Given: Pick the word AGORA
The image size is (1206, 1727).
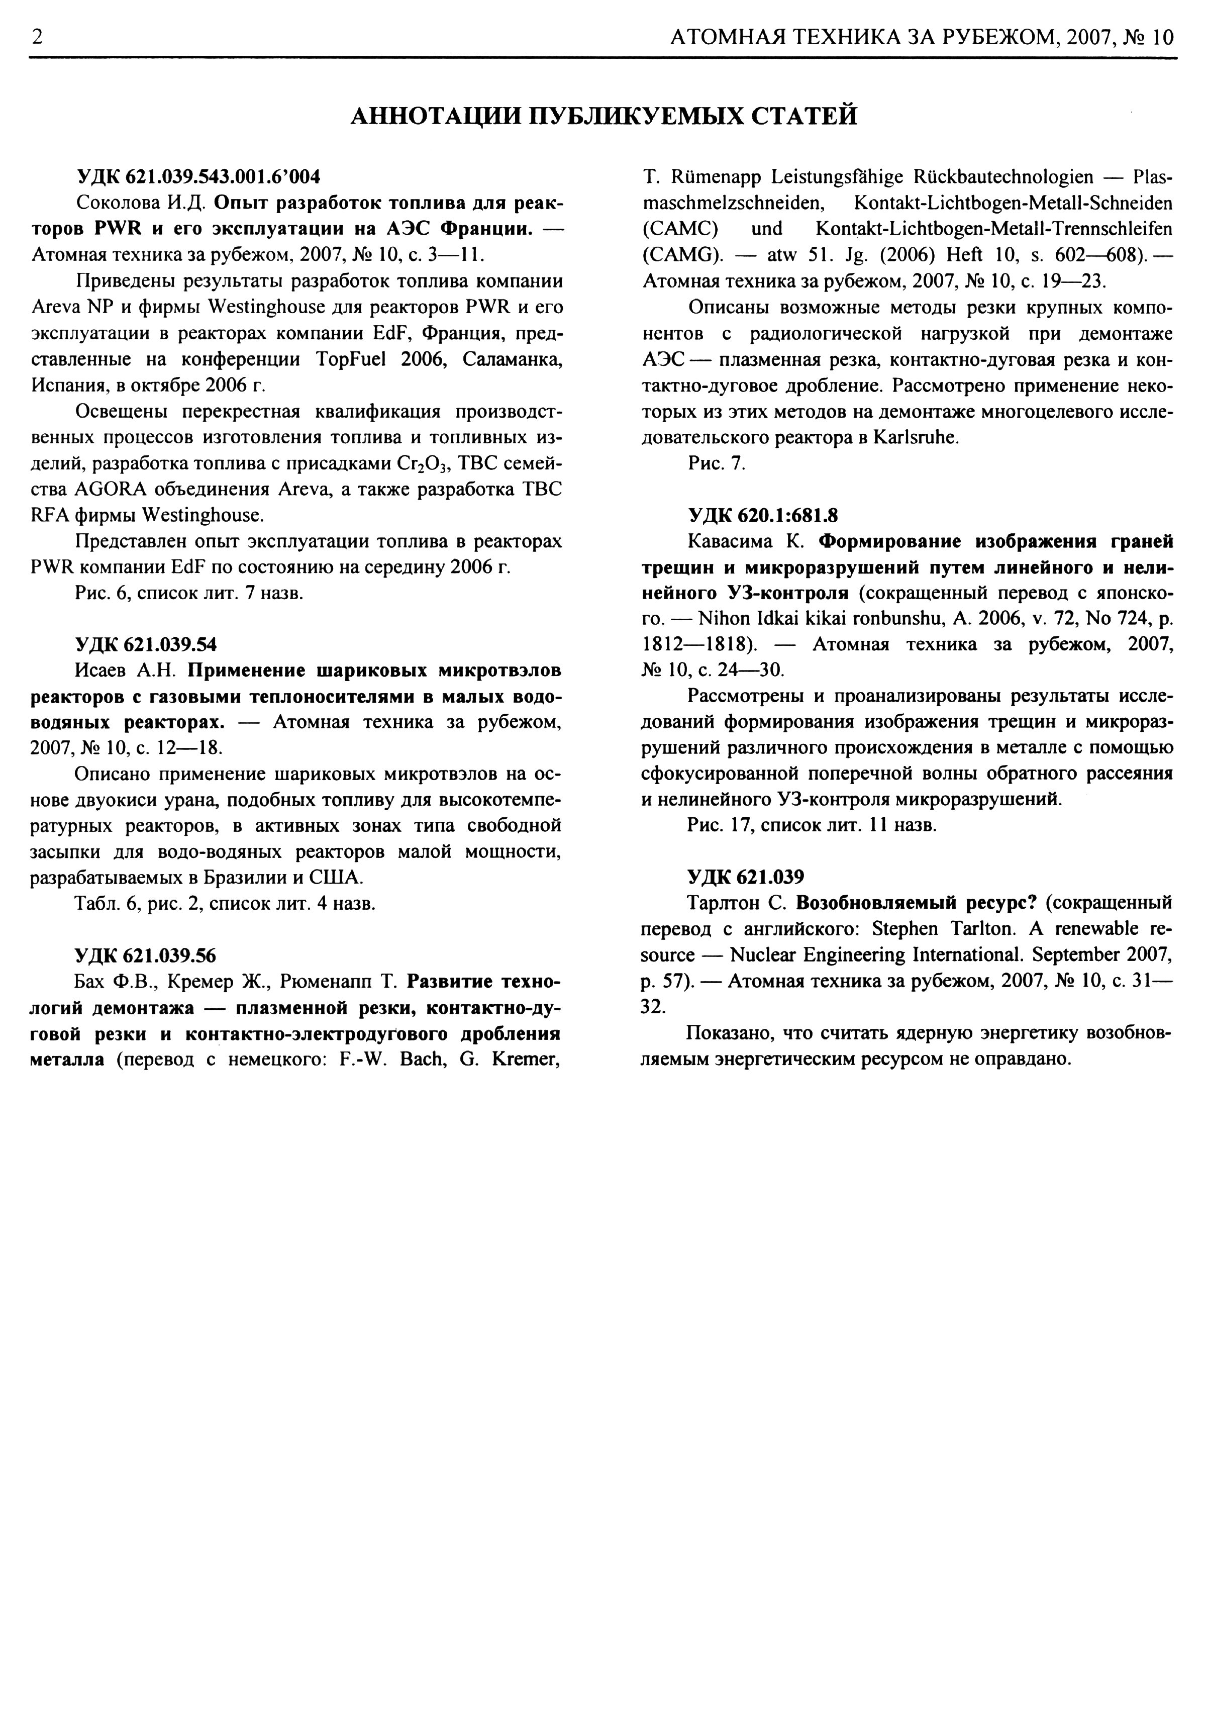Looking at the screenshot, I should tap(110, 489).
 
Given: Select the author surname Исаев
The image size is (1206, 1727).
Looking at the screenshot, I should tap(105, 670).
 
